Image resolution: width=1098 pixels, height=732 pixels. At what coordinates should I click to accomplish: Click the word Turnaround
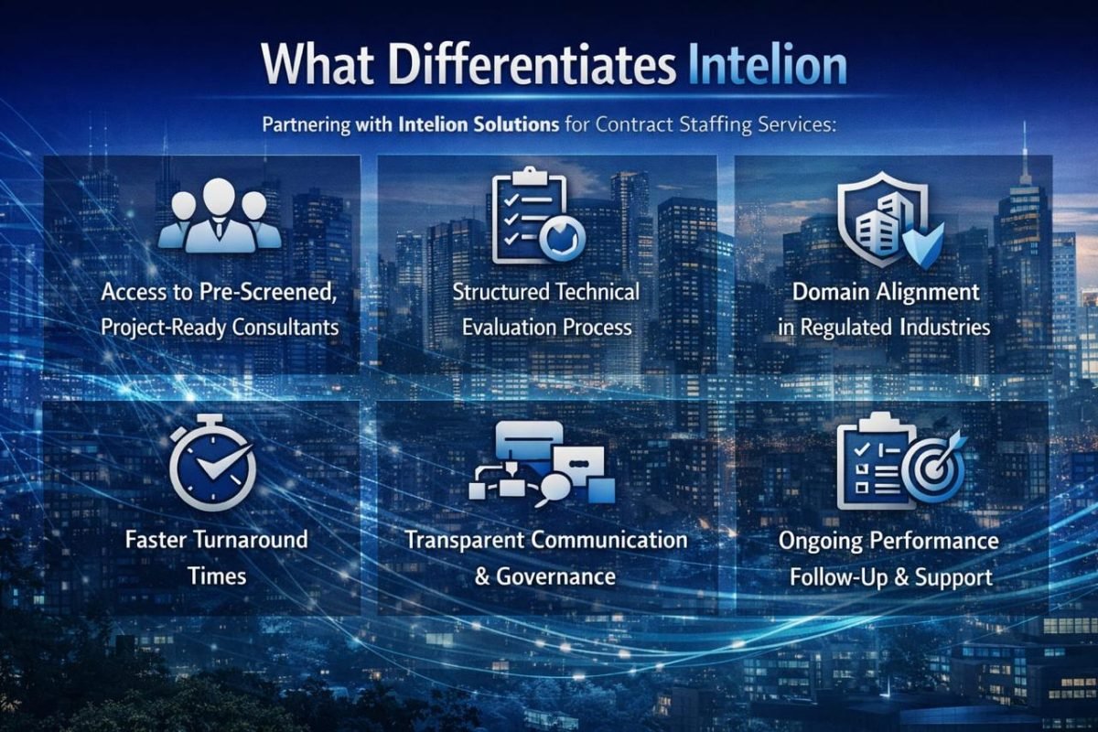click(x=253, y=540)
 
